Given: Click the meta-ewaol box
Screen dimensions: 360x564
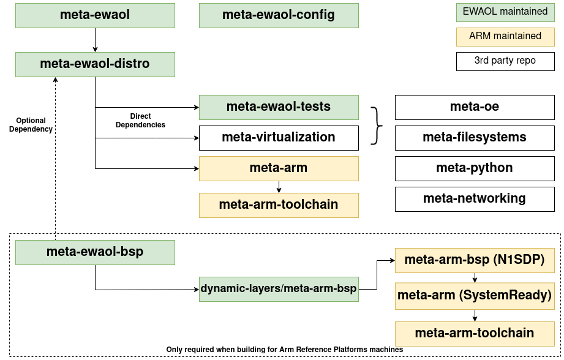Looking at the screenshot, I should tap(95, 15).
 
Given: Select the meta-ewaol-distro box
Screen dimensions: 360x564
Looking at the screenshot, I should tap(95, 64).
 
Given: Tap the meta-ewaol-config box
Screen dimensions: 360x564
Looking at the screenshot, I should tap(279, 15).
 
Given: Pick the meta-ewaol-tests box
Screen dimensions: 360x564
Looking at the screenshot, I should tap(279, 107).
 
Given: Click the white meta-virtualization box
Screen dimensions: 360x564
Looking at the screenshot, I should tap(279, 138).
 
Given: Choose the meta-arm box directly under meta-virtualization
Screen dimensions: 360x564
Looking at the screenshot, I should tap(279, 168).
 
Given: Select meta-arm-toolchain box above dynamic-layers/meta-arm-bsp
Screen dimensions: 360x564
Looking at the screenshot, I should tap(279, 205).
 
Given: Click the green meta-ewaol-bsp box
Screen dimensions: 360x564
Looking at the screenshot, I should tap(95, 252).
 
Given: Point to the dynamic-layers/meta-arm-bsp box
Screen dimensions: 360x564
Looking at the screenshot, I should tap(279, 289).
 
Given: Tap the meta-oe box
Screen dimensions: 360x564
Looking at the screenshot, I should tap(475, 107).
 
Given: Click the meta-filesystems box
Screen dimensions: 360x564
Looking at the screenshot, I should tap(475, 138).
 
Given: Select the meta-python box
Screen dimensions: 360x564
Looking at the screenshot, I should tap(475, 168).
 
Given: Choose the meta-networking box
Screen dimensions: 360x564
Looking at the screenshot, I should tap(475, 199).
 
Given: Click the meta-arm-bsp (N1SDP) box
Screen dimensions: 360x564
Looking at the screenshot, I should tap(475, 260).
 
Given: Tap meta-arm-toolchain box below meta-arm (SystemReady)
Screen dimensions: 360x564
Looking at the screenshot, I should tap(475, 334).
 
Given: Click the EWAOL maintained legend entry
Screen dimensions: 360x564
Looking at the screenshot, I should tap(505, 12).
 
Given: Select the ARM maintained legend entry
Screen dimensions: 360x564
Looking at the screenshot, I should tap(505, 37).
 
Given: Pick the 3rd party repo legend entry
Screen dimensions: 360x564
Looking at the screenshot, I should tap(505, 61).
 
